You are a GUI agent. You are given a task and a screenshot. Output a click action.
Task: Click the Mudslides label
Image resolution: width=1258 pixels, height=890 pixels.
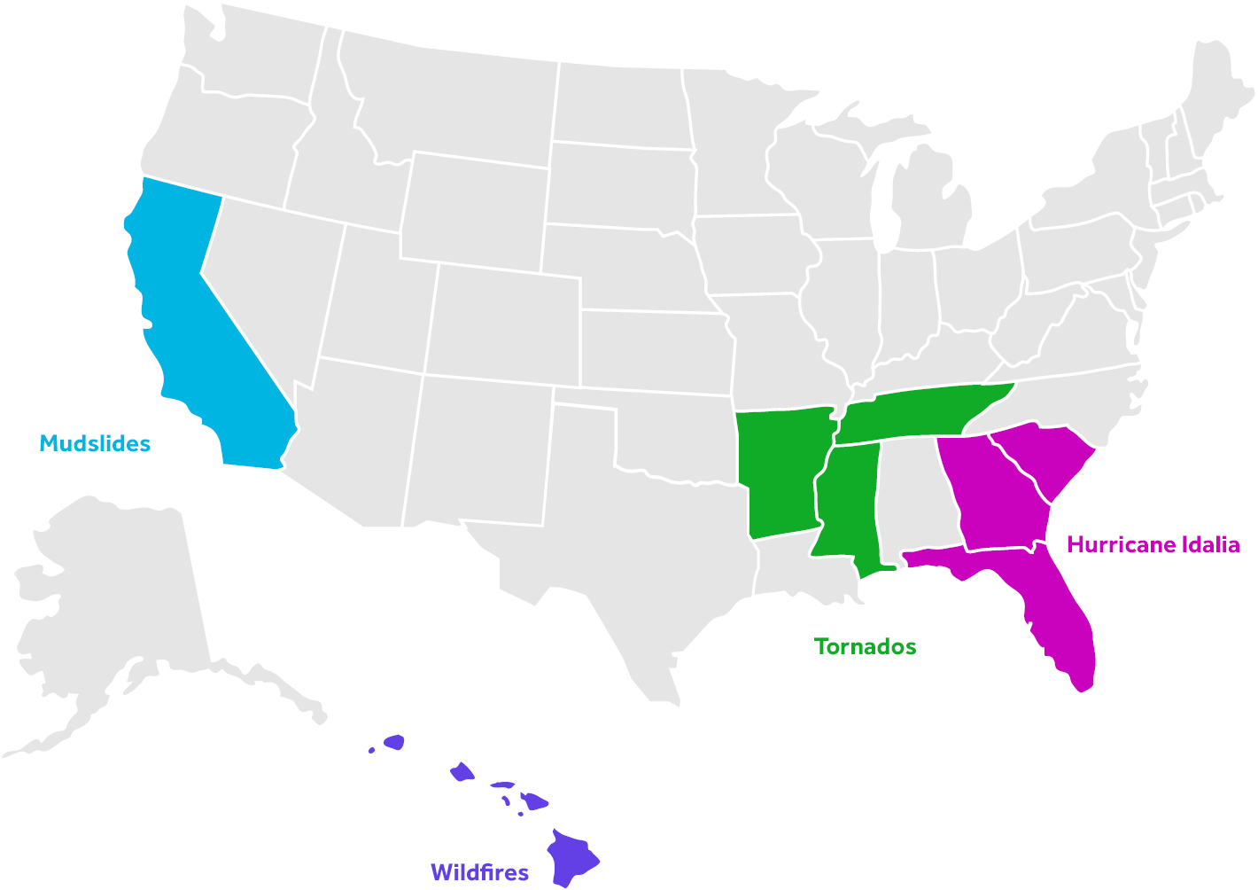click(95, 444)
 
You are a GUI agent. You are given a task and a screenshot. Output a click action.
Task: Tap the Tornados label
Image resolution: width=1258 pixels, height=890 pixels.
click(865, 647)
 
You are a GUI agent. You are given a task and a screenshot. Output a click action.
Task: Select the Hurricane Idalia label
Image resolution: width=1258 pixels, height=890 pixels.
click(1153, 544)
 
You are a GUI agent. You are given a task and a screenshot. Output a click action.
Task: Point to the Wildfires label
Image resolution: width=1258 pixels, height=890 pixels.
click(479, 872)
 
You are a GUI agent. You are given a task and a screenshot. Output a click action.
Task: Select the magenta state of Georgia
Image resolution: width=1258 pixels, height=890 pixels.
click(992, 496)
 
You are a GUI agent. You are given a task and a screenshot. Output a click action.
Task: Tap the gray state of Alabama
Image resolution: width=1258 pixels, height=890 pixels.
click(912, 496)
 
